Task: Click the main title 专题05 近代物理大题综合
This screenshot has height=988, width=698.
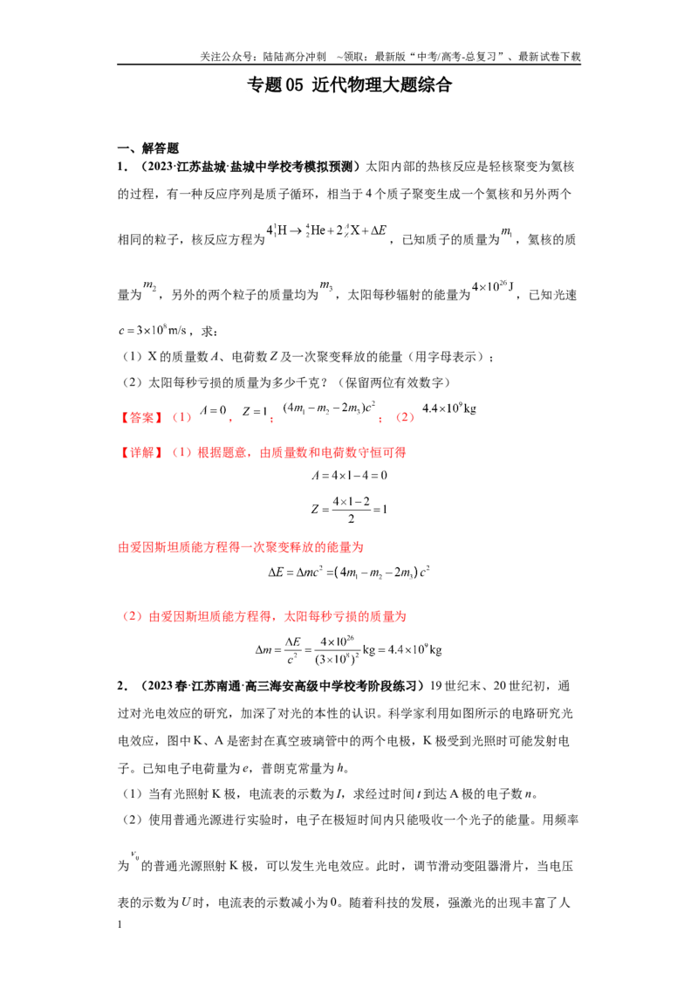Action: pyautogui.click(x=349, y=85)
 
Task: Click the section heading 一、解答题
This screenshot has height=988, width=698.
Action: pyautogui.click(x=148, y=148)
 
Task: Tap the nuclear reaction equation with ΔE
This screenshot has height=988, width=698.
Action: pyautogui.click(x=326, y=230)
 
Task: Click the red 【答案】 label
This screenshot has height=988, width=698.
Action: pyautogui.click(x=141, y=417)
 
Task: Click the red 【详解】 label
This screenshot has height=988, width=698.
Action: pyautogui.click(x=141, y=452)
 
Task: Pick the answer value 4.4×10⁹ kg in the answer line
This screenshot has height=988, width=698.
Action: pyautogui.click(x=448, y=408)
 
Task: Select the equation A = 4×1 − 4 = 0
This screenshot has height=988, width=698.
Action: pyautogui.click(x=350, y=475)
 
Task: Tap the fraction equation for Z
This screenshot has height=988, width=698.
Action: pyautogui.click(x=350, y=509)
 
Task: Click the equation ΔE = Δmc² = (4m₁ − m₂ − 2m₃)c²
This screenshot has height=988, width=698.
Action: pyautogui.click(x=349, y=573)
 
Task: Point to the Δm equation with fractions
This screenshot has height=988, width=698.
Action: pyautogui.click(x=348, y=649)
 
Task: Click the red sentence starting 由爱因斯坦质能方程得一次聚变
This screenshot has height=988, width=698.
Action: pyautogui.click(x=241, y=547)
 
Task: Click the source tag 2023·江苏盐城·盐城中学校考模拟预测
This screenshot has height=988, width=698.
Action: pyautogui.click(x=248, y=167)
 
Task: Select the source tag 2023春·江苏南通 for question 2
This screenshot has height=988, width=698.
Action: pyautogui.click(x=279, y=685)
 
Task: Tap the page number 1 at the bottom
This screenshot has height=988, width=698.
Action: pyautogui.click(x=120, y=924)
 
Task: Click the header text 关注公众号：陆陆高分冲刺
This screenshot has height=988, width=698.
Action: pyautogui.click(x=263, y=57)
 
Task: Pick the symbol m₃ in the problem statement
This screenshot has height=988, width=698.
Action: pyautogui.click(x=326, y=286)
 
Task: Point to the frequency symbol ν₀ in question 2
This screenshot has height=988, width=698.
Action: pyautogui.click(x=135, y=855)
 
